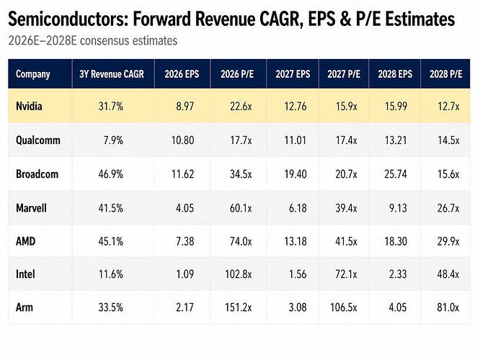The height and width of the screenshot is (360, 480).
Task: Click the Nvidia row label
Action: (x=29, y=106)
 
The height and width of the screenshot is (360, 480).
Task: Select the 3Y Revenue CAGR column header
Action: (x=112, y=74)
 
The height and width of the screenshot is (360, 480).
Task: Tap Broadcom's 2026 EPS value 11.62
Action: (x=183, y=174)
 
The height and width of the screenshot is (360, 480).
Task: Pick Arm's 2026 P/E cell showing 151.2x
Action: (x=239, y=307)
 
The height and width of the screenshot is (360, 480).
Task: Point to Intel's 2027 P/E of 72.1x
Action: (x=346, y=274)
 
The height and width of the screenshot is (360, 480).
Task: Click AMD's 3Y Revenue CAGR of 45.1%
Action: (x=111, y=241)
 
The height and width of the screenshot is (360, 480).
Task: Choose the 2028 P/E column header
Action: (x=445, y=74)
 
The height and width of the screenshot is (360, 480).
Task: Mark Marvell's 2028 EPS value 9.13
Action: (x=398, y=208)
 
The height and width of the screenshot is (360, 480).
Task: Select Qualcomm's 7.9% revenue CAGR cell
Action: (x=113, y=140)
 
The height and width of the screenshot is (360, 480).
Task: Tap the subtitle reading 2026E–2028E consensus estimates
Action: (x=93, y=40)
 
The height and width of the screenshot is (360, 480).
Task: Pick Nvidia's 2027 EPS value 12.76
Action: (x=295, y=106)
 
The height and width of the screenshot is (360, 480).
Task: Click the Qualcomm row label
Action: (x=38, y=140)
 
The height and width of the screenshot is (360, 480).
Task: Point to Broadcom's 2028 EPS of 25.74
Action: (x=396, y=174)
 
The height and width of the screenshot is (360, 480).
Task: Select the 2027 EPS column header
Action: (x=293, y=74)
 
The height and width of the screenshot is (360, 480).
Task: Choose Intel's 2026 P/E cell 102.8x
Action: (x=239, y=274)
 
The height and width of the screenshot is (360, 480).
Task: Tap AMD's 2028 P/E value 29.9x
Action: (x=448, y=241)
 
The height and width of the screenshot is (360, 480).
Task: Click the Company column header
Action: (x=32, y=74)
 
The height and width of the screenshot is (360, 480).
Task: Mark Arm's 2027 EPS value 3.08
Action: (x=298, y=307)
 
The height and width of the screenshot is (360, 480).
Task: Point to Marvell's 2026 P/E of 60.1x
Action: (x=241, y=208)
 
